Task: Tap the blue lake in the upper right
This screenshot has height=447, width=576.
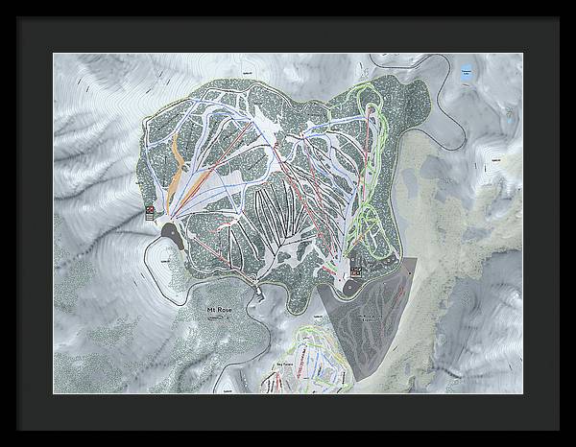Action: pyautogui.click(x=467, y=71)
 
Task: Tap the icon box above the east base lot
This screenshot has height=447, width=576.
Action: pyautogui.click(x=356, y=271)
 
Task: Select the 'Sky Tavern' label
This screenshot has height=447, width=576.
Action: pyautogui.click(x=284, y=365)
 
